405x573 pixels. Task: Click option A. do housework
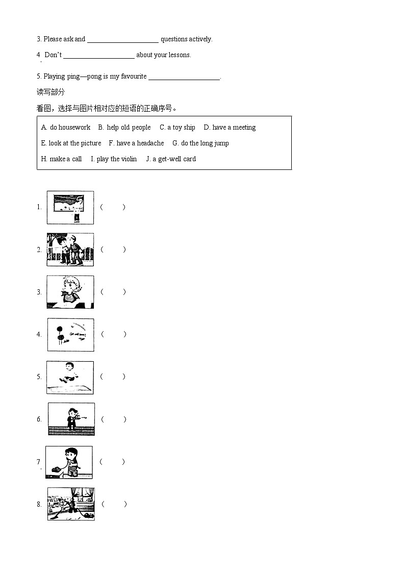66,128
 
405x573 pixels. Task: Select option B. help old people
124,128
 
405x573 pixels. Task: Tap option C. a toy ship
177,128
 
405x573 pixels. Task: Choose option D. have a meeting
230,128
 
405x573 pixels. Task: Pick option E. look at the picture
71,143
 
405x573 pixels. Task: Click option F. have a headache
136,143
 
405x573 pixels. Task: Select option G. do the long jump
200,143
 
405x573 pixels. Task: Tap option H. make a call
61,159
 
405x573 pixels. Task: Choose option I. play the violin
114,159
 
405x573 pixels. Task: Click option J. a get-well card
171,159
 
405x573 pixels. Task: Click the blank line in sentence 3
123,40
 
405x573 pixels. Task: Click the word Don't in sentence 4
53,55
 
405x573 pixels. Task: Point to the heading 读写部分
51,92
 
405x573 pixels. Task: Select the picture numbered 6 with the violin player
71,419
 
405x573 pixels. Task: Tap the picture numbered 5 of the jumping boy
70,377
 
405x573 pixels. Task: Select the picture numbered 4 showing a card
71,335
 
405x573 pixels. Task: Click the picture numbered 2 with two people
70,250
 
